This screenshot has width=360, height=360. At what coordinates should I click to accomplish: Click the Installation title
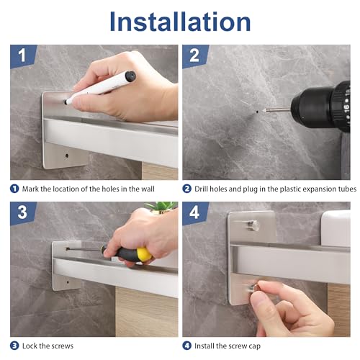180,22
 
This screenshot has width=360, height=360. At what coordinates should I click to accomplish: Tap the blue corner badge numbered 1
22,55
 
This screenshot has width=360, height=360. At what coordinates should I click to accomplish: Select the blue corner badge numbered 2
194,55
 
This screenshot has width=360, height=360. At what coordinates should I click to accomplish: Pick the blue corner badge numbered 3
22,212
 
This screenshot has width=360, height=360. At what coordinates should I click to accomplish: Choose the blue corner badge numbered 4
194,212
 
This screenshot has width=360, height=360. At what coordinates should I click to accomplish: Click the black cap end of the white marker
130,76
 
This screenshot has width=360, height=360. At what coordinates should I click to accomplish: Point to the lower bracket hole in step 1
67,156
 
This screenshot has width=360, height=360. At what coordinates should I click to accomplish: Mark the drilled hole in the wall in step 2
257,112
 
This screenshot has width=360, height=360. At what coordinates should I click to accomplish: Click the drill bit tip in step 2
266,111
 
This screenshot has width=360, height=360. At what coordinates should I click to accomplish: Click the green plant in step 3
162,207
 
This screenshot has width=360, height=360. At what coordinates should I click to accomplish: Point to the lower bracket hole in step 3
68,282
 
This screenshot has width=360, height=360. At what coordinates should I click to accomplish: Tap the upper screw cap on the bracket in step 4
254,225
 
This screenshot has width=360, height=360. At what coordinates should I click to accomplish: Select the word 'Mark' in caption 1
30,189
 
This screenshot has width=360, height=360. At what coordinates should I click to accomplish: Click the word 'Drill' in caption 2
201,189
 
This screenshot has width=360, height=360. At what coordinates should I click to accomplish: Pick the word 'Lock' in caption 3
30,346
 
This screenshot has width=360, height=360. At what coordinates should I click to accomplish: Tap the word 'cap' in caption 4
254,346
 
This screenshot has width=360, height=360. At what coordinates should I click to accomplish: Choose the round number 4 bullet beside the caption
187,346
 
